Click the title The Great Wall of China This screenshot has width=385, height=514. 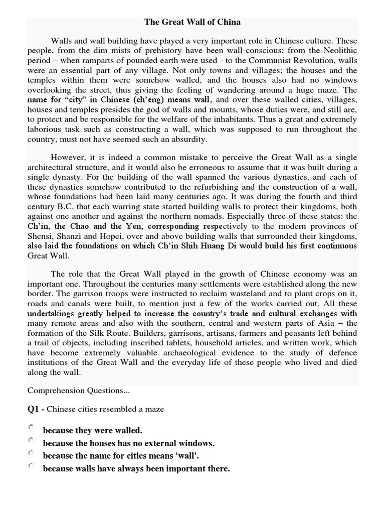pos(192,22)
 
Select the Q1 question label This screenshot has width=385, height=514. pos(36,409)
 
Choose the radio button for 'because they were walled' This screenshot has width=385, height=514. pos(32,428)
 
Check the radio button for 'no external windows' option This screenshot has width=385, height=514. pos(32,440)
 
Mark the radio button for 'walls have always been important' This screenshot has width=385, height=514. pos(32,466)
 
